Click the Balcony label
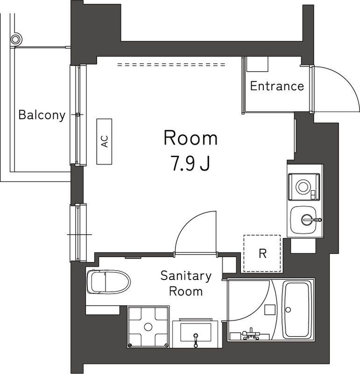[x=42, y=115]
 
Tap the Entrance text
[x=277, y=86]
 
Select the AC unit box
[x=104, y=142]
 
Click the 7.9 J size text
[x=191, y=163]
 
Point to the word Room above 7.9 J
[x=191, y=137]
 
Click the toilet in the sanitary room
[x=109, y=282]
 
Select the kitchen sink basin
[x=304, y=220]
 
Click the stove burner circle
[x=303, y=187]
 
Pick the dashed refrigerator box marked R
[x=262, y=253]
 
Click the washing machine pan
[x=148, y=326]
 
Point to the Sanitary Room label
[x=186, y=284]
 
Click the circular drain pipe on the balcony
[x=16, y=39]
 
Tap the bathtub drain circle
[x=288, y=309]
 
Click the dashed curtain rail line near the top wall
[x=171, y=65]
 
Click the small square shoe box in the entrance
[x=257, y=64]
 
